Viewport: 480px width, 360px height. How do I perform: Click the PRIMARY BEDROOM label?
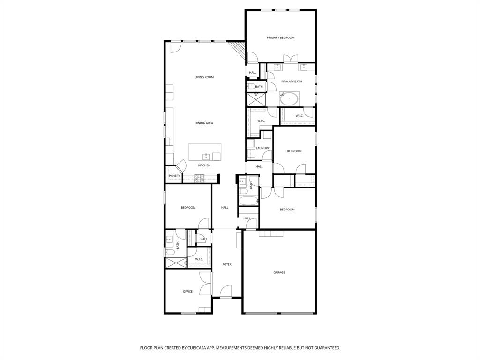(280, 37)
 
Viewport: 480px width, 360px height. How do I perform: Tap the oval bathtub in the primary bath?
(289, 99)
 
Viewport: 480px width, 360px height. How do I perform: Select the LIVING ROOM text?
(204, 77)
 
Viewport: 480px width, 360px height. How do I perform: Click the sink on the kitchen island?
(206, 156)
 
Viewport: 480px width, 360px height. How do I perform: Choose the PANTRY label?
(174, 176)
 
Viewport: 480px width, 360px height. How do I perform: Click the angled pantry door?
(180, 165)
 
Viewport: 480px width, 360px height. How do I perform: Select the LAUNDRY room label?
(262, 148)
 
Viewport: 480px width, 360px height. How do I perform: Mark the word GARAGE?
(279, 272)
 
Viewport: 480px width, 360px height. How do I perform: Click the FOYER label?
(227, 264)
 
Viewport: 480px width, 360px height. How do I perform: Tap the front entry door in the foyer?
(226, 292)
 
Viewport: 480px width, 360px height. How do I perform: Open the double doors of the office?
(205, 283)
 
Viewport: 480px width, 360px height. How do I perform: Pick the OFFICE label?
(187, 292)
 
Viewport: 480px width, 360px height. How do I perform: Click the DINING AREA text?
(204, 123)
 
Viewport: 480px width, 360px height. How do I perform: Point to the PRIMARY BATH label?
(292, 82)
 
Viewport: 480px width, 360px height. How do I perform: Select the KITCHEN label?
(204, 165)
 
